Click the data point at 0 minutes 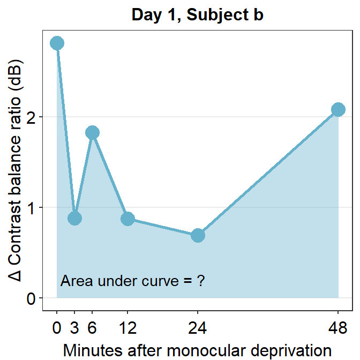pos(57,43)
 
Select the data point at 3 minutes pos(74,218)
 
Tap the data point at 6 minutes pos(92,132)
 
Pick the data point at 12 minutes pos(127,219)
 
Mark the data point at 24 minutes pos(198,235)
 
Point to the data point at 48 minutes pos(338,109)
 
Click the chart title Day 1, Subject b pos(197,16)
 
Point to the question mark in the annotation pos(200,280)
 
